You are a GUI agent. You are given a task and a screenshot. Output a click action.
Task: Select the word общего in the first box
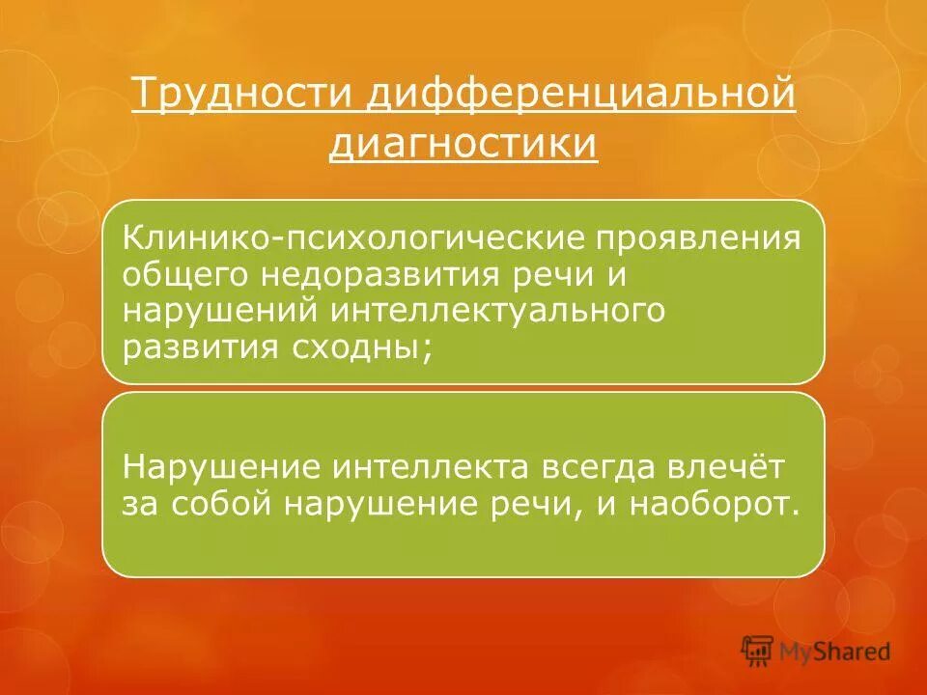[x=183, y=274]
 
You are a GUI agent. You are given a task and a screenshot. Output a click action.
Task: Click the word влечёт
[x=735, y=467]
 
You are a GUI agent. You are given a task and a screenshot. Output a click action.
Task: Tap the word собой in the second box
[x=215, y=504]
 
